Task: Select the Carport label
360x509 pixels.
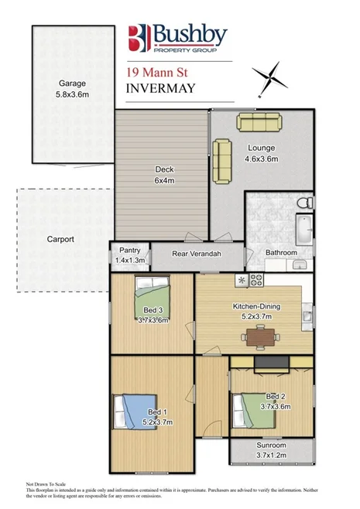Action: click(60, 239)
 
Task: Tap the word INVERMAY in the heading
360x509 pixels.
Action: click(159, 89)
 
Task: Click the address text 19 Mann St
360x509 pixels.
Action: click(152, 72)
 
